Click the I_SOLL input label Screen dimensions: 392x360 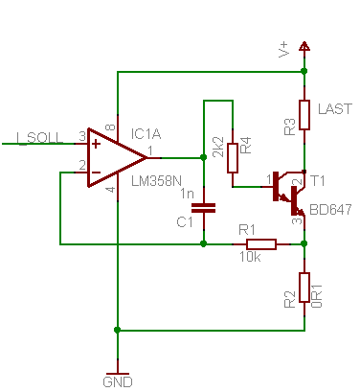(x=40, y=137)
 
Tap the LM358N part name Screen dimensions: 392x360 (x=155, y=180)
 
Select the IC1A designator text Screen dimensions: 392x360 (x=150, y=131)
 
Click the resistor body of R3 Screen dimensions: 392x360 (x=304, y=114)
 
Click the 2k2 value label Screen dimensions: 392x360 (x=218, y=148)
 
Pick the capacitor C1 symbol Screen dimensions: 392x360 (x=204, y=206)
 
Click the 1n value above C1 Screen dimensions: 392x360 (x=188, y=194)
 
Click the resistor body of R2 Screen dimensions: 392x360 (x=304, y=286)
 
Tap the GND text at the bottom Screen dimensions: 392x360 (x=118, y=380)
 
